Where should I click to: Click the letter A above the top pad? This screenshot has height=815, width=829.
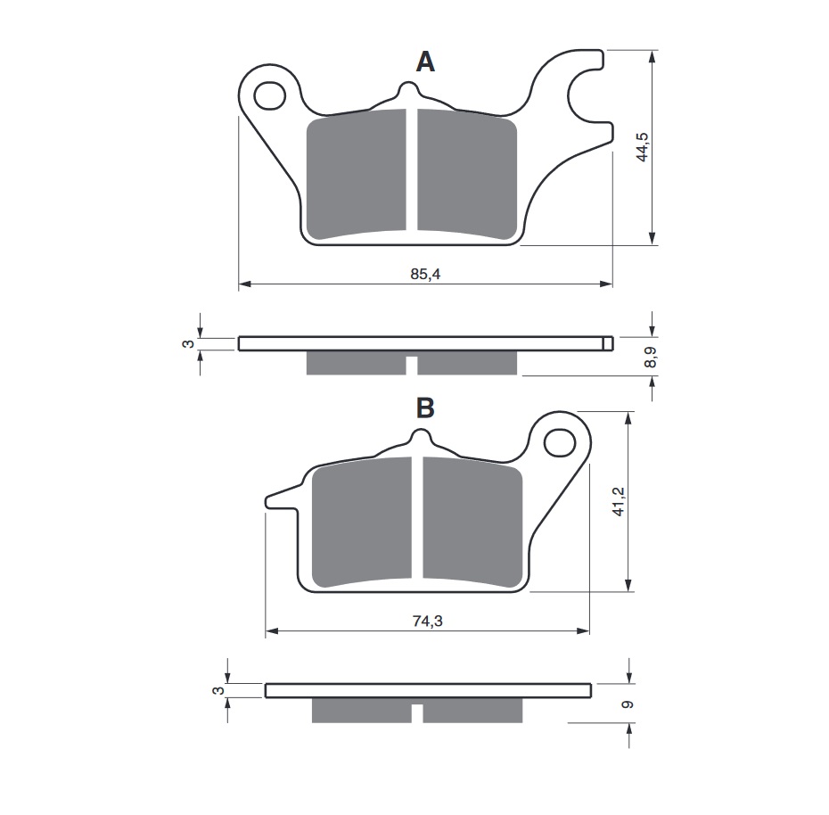pyautogui.click(x=425, y=62)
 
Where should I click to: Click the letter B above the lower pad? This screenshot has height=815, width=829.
pyautogui.click(x=425, y=407)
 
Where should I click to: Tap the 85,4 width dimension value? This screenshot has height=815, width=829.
pyautogui.click(x=425, y=274)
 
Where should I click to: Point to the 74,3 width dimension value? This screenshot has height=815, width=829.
pyautogui.click(x=427, y=621)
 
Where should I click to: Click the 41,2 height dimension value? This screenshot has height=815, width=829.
pyautogui.click(x=619, y=501)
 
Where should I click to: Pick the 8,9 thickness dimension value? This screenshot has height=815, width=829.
pyautogui.click(x=651, y=357)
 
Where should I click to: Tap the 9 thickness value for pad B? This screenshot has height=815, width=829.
pyautogui.click(x=628, y=704)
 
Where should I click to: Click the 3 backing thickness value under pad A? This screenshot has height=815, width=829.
pyautogui.click(x=188, y=344)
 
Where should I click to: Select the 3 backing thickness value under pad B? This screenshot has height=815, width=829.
pyautogui.click(x=218, y=691)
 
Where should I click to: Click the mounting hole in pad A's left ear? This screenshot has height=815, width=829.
pyautogui.click(x=269, y=96)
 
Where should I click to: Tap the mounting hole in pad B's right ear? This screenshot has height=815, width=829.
pyautogui.click(x=560, y=442)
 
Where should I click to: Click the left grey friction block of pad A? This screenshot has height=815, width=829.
pyautogui.click(x=357, y=174)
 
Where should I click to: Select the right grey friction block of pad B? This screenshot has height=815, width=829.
pyautogui.click(x=472, y=522)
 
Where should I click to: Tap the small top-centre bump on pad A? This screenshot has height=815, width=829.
pyautogui.click(x=407, y=90)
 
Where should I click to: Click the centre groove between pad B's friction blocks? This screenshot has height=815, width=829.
pyautogui.click(x=417, y=518)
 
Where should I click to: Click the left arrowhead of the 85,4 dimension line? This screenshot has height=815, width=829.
pyautogui.click(x=243, y=284)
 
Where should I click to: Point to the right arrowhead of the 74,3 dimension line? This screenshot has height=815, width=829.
pyautogui.click(x=584, y=631)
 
